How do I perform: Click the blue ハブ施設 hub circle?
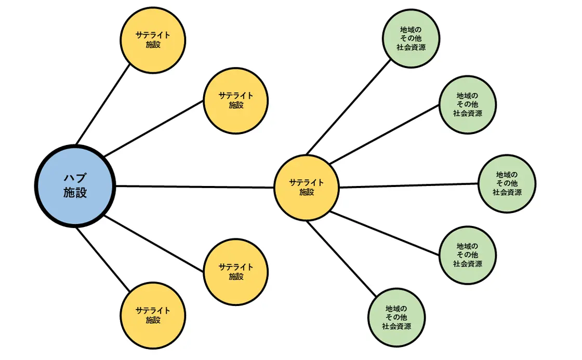pyautogui.click(x=75, y=186)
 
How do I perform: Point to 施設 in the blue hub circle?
pyautogui.click(x=75, y=193)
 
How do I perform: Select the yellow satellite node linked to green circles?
pyautogui.click(x=306, y=187)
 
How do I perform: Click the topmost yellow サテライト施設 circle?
pyautogui.click(x=153, y=39)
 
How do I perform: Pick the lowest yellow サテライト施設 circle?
pyautogui.click(x=153, y=315)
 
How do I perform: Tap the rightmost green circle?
pyautogui.click(x=507, y=183)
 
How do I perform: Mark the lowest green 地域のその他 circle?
pyautogui.click(x=396, y=317)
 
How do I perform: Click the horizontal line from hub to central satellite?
pyautogui.click(x=195, y=186)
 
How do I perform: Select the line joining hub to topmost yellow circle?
pyautogui.click(x=103, y=104)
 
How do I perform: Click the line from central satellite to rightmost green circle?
pyautogui.click(x=408, y=185)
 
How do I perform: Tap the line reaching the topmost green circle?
pyautogui.click(x=348, y=106)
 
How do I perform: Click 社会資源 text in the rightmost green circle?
pyautogui.click(x=507, y=192)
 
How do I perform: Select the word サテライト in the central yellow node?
pyautogui.click(x=306, y=182)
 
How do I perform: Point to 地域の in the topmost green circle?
pyautogui.click(x=411, y=30)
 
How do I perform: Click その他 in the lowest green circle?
pyautogui.click(x=396, y=317)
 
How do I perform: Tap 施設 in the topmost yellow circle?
pyautogui.click(x=153, y=44)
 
